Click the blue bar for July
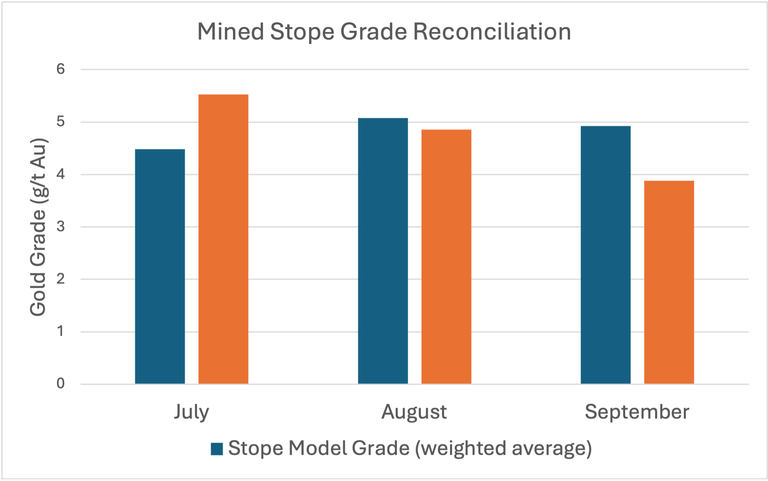click(x=160, y=266)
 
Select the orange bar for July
click(x=223, y=239)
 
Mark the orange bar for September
click(x=669, y=282)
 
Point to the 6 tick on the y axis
click(x=61, y=69)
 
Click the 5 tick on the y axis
click(x=61, y=122)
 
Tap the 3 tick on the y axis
click(x=61, y=227)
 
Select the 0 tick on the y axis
click(x=61, y=384)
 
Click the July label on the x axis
click(x=192, y=412)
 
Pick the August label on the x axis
click(x=414, y=412)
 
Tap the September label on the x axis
click(x=637, y=412)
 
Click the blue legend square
click(x=217, y=449)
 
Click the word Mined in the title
click(x=231, y=32)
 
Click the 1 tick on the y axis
click(x=61, y=331)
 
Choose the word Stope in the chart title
click(x=302, y=32)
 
